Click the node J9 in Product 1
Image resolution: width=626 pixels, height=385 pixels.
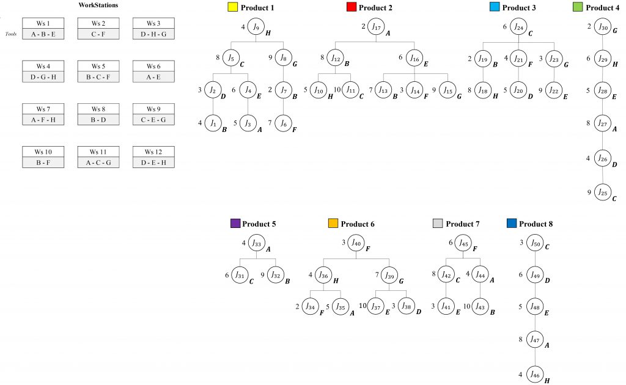[x=256, y=28]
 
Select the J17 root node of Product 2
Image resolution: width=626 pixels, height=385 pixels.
[x=377, y=28]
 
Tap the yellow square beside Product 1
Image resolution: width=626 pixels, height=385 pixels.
[x=232, y=8]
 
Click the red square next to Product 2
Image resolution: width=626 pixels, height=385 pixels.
[x=352, y=8]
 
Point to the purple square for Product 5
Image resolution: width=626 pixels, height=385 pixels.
[x=235, y=224]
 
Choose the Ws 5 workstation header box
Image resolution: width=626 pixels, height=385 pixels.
[x=98, y=66]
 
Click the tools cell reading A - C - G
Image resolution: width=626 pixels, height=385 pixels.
[x=98, y=162]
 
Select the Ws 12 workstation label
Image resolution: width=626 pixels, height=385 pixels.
[x=153, y=152]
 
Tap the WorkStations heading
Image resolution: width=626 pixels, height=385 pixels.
[x=98, y=5]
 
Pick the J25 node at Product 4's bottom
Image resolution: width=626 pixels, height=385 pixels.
[x=603, y=193]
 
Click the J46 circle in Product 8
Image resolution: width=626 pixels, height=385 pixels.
[x=535, y=374]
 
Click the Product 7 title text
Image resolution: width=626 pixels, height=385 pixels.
[x=463, y=224]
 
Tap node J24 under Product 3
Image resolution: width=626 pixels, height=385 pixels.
[x=518, y=28]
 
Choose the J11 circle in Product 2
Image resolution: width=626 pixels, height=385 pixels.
[x=350, y=91]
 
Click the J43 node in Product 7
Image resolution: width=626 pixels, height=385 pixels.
[x=479, y=306]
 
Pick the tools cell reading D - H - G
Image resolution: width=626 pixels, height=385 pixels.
[x=153, y=34]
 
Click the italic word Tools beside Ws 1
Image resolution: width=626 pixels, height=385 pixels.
[x=10, y=34]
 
